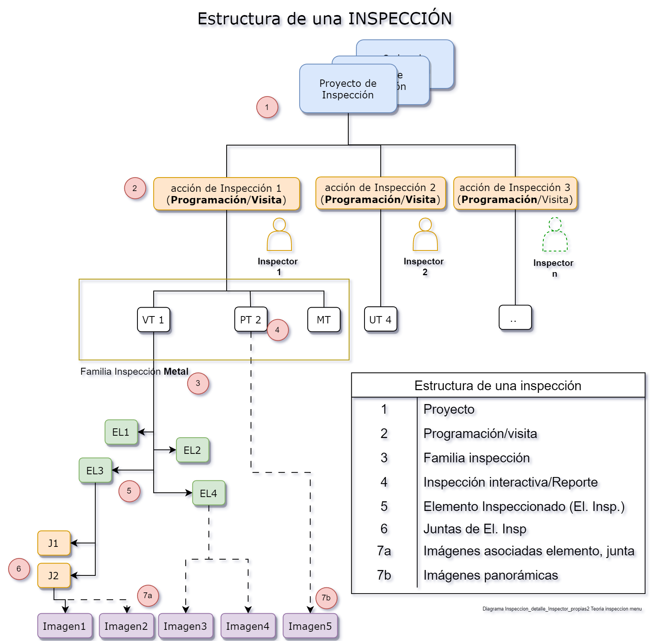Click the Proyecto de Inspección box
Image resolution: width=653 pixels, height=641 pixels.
click(x=348, y=89)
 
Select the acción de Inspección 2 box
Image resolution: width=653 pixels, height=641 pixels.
click(x=380, y=193)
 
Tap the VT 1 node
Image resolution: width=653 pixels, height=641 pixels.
click(x=153, y=320)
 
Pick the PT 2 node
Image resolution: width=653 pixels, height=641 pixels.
click(x=251, y=320)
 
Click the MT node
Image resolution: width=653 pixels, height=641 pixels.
click(x=324, y=320)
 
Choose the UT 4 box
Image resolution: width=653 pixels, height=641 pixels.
click(x=380, y=320)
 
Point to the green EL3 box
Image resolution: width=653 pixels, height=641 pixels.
click(x=95, y=470)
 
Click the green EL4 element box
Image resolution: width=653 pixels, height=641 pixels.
click(x=209, y=493)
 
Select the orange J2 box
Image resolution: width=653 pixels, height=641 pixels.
click(x=54, y=575)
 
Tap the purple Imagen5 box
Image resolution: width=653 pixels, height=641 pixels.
click(x=310, y=626)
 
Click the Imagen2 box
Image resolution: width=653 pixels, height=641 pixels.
click(x=126, y=626)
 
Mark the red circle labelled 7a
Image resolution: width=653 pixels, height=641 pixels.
click(x=148, y=595)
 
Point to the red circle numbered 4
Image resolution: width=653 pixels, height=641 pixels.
click(x=277, y=330)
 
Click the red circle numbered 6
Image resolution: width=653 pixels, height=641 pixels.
click(x=19, y=569)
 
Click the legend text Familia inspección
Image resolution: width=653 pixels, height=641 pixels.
click(x=477, y=458)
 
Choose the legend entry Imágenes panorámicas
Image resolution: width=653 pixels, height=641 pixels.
click(x=490, y=575)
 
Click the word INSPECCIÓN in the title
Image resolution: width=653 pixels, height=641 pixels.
click(x=400, y=19)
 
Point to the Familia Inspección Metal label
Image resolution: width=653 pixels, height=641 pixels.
click(x=134, y=371)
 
